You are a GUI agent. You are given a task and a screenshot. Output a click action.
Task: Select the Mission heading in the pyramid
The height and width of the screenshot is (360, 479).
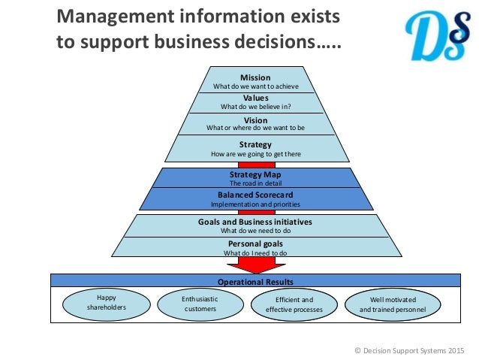coord(255,77)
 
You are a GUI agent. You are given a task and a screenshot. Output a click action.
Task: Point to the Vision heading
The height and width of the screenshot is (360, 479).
coord(255,120)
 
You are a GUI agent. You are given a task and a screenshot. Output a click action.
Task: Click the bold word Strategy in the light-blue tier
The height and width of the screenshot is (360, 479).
coord(255,144)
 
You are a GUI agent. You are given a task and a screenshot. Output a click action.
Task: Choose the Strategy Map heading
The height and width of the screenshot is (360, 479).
coord(255,175)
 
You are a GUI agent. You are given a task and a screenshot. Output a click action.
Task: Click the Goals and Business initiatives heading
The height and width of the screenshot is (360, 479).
coord(255,222)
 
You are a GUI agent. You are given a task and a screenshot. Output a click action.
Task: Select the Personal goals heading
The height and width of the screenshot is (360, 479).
coord(255,244)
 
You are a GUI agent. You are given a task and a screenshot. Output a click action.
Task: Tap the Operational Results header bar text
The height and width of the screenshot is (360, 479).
coord(255,280)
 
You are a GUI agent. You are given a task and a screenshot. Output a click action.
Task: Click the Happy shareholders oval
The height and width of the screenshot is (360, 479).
coord(101,303)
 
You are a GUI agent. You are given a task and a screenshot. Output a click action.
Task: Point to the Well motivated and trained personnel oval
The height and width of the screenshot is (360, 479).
coord(396,304)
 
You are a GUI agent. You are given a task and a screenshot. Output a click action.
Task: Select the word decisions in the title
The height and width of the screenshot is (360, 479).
coord(270,42)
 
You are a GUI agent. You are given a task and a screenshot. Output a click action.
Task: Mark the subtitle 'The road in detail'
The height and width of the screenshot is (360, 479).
coord(255,183)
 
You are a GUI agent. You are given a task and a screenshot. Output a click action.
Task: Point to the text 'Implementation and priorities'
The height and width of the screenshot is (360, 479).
coord(255,204)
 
